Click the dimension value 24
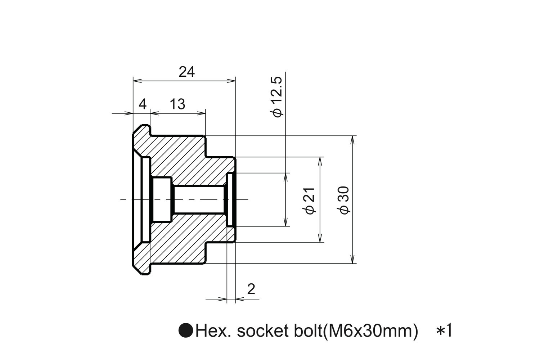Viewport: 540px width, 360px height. [x=187, y=72]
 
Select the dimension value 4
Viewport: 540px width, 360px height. [x=143, y=104]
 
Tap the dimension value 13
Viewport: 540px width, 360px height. [x=177, y=104]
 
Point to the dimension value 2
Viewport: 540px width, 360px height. [x=251, y=289]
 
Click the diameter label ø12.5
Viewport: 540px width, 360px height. [x=278, y=96]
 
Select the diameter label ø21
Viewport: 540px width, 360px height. [x=310, y=201]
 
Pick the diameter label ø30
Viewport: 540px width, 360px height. [x=344, y=201]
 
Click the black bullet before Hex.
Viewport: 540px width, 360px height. [x=186, y=330]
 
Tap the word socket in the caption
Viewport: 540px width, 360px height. [x=260, y=331]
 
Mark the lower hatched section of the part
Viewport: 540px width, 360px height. [x=184, y=241]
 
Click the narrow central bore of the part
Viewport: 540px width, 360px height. [x=200, y=199]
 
